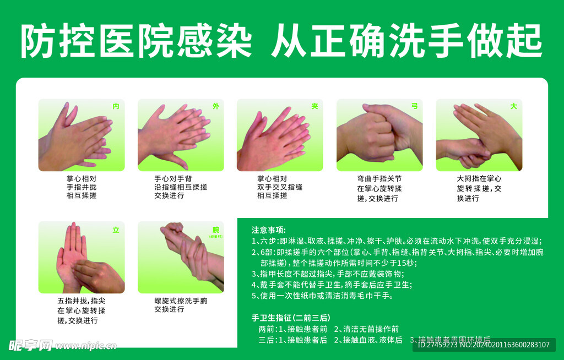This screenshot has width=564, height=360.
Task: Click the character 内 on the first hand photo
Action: point(116,106)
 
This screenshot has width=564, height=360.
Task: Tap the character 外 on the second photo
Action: point(215,106)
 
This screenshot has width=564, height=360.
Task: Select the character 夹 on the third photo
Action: point(315,106)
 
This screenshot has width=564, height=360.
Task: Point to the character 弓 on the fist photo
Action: point(414,106)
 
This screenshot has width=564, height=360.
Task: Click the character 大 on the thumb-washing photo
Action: point(513,106)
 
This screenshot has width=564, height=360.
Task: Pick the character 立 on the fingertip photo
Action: point(116,230)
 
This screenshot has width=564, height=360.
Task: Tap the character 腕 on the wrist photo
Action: point(215,230)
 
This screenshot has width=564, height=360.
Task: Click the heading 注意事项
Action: point(269,230)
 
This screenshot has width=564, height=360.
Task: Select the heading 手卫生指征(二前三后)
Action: point(290,318)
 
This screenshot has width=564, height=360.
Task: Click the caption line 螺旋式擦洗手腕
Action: point(181,301)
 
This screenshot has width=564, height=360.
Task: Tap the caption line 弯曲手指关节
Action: point(379,178)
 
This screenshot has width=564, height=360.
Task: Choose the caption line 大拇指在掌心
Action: point(479,178)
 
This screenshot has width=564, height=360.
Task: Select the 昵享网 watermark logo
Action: point(30,345)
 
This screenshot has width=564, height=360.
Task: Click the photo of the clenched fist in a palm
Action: point(379,135)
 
